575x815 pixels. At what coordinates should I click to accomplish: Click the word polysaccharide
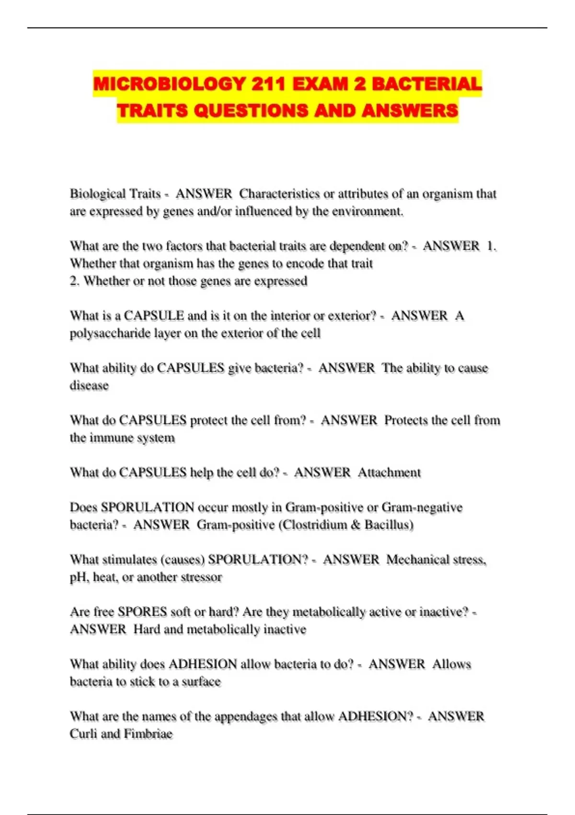tap(110, 333)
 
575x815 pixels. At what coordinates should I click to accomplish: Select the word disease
tap(89, 385)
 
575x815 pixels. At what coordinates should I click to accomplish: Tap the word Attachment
tap(389, 473)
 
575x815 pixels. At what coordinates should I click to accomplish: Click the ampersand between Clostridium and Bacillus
tap(355, 525)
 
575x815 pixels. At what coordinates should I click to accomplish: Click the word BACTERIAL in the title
tap(427, 84)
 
